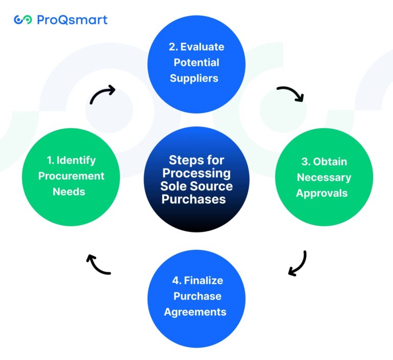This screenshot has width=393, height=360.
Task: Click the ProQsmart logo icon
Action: point(23,20)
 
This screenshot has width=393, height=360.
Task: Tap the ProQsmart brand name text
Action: point(72,20)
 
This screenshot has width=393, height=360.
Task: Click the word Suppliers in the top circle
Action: point(194,78)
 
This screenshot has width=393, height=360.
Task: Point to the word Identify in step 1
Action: point(75,160)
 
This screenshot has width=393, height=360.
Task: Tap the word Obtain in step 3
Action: point(330,162)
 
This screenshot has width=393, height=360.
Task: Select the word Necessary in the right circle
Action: point(324,178)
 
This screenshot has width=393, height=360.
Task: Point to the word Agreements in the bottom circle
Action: point(195,312)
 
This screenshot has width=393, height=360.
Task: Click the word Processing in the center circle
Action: point(196,173)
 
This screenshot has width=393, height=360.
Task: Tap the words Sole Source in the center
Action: point(196,186)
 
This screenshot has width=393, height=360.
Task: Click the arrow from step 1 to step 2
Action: point(102,95)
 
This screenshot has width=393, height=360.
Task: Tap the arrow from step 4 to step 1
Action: point(98,264)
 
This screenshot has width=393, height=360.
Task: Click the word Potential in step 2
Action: point(196,62)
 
